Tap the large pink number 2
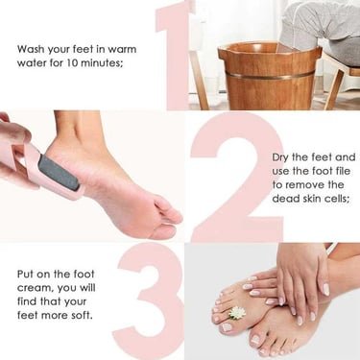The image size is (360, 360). pyautogui.click(x=235, y=178)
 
